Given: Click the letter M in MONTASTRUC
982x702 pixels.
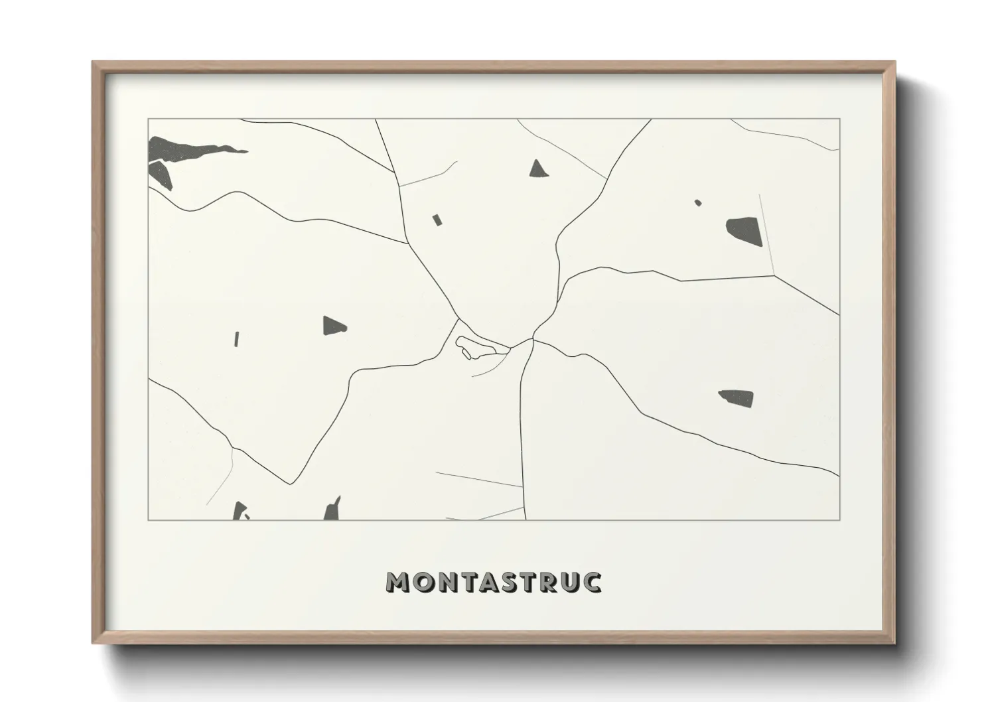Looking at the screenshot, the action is (x=399, y=582).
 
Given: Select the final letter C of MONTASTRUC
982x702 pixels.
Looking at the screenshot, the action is (x=591, y=582).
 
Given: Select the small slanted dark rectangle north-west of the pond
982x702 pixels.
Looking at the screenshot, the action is (x=437, y=220).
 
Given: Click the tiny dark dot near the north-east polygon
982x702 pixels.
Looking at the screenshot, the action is (x=697, y=202).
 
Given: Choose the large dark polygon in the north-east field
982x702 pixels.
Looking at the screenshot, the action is (x=744, y=230).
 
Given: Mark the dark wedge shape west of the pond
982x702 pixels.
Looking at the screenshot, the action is (x=334, y=325).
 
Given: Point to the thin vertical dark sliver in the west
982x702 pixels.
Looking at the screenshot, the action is (x=236, y=338).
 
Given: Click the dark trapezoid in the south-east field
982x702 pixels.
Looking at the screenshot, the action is (x=737, y=397).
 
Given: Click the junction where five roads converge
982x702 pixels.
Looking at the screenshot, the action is (x=533, y=340).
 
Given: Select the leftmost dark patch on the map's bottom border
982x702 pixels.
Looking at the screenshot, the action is (x=239, y=511).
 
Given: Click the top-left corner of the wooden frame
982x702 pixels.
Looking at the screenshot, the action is (x=94, y=62).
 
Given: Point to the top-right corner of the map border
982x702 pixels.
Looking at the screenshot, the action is (x=839, y=119).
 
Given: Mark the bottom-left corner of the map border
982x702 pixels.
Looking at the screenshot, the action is (x=148, y=520).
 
